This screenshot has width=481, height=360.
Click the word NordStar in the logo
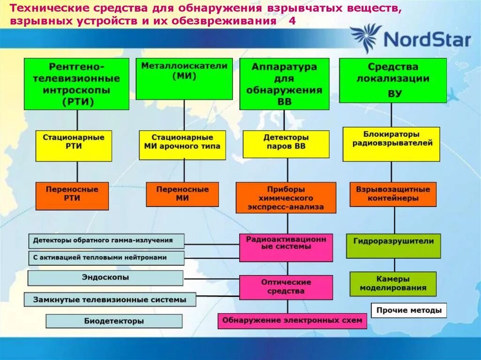[427, 39]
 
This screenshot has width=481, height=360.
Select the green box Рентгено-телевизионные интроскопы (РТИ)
[77, 84]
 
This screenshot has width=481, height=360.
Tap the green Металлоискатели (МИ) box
[184, 78]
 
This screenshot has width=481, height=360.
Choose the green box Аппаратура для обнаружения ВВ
[284, 84]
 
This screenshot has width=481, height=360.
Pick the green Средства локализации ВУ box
[393, 80]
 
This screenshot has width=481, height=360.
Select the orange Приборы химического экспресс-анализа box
[286, 198]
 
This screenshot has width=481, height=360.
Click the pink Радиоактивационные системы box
[286, 247]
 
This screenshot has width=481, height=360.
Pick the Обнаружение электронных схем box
[292, 321]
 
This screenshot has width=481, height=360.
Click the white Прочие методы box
[409, 310]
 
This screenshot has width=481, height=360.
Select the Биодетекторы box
[114, 321]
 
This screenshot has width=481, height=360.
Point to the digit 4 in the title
[292, 21]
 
